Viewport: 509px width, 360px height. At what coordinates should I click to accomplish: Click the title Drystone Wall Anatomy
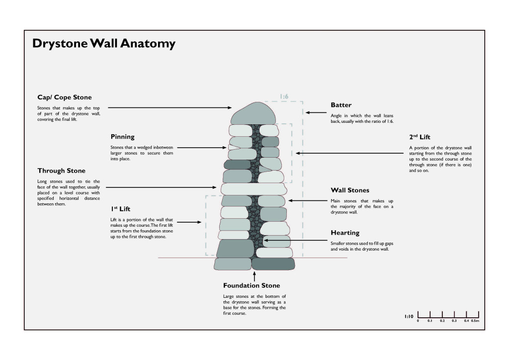tap(104, 44)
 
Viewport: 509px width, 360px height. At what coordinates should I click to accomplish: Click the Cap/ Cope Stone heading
tap(65, 97)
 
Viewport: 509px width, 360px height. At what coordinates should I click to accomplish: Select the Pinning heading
tap(122, 136)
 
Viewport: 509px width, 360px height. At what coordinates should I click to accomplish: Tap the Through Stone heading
tap(61, 171)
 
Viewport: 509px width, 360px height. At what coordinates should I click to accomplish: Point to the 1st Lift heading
tap(120, 209)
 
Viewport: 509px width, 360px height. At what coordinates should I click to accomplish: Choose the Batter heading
tap(341, 105)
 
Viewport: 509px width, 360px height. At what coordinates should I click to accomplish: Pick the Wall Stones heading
tap(350, 190)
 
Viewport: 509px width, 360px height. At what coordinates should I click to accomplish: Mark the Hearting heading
tap(345, 233)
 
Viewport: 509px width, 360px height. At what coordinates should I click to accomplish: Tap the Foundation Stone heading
tap(252, 285)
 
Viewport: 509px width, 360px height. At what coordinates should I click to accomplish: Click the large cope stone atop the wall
tap(254, 113)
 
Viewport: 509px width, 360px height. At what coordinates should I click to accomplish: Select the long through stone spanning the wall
tap(253, 189)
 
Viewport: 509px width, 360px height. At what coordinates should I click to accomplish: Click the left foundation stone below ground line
tap(233, 264)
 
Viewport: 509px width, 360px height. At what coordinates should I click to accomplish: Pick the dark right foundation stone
tap(273, 264)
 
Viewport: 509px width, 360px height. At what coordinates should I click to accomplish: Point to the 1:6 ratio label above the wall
tap(284, 96)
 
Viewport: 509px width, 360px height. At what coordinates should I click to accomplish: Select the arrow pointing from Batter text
tap(314, 113)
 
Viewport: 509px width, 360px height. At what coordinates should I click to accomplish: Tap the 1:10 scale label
tap(409, 316)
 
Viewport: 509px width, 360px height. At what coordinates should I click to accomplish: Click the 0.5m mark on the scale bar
tap(475, 321)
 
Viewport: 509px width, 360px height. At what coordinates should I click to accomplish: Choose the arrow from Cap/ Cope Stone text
tap(169, 107)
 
